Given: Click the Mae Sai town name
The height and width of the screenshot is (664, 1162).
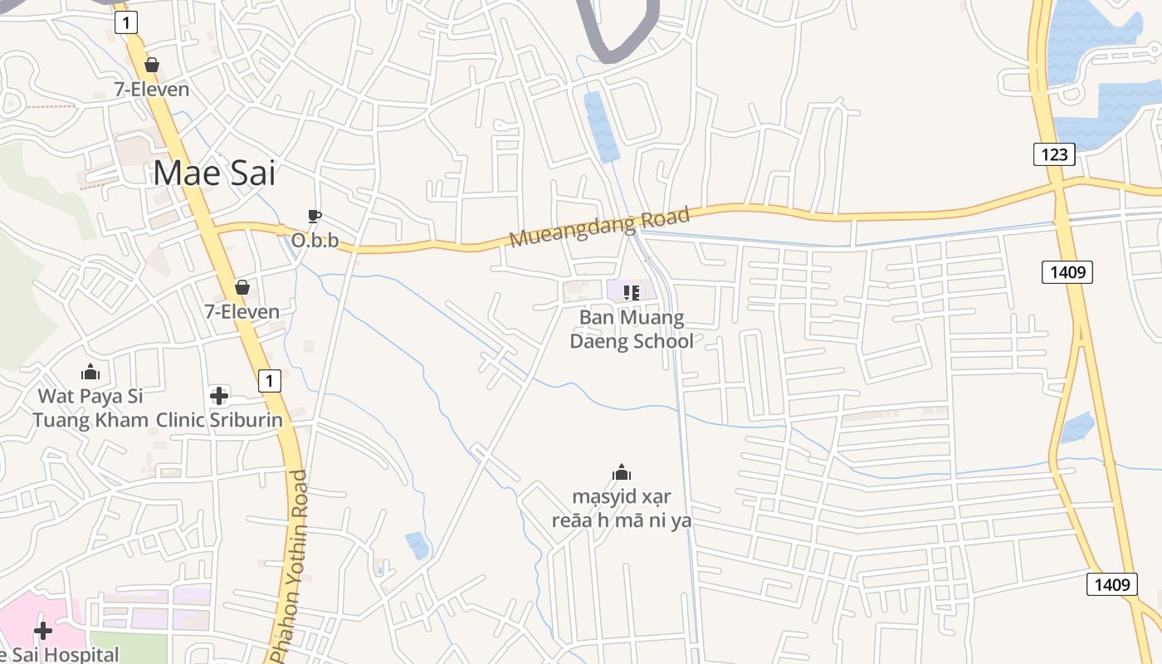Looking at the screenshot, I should (214, 173).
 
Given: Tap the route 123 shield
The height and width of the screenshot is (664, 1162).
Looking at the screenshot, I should (1054, 154).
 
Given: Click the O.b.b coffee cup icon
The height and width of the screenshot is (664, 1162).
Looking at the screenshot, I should (315, 217).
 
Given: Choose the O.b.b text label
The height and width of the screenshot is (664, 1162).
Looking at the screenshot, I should (315, 241).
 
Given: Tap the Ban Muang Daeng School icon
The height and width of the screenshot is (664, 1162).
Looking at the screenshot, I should (631, 292).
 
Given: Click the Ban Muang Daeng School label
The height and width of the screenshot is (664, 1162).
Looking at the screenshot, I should (632, 329).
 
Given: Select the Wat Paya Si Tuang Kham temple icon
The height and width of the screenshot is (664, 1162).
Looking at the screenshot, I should (90, 373).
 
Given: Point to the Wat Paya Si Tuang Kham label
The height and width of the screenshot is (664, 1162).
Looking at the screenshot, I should (90, 408).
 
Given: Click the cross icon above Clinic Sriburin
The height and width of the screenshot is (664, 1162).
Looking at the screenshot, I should (219, 396).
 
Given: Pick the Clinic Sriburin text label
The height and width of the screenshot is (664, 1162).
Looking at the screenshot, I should (220, 420).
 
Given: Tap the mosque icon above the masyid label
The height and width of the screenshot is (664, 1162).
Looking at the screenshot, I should (622, 474).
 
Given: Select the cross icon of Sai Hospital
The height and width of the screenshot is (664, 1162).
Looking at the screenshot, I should (42, 632).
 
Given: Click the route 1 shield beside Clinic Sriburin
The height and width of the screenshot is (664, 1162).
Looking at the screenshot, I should (269, 381).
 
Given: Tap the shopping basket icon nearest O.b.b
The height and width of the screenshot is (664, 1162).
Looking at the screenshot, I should (242, 287).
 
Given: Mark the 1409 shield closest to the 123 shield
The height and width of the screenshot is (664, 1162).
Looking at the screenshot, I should (1067, 271).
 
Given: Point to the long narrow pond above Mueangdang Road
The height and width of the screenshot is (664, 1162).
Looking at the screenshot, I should (601, 126).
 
